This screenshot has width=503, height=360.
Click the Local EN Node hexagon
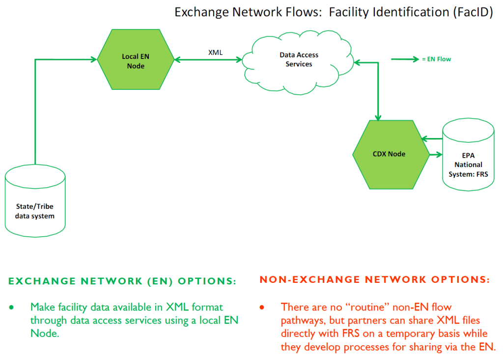(136, 61)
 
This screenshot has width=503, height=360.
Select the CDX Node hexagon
(390, 154)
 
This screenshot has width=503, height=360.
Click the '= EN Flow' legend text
(436, 59)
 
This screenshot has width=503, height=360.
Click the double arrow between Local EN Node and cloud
(209, 60)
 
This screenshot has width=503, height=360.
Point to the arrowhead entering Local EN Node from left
(93, 60)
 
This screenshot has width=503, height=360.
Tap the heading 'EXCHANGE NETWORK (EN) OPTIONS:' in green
(122, 281)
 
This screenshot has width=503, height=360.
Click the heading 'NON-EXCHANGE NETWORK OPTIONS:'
(374, 280)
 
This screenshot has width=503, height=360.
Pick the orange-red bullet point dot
(262, 307)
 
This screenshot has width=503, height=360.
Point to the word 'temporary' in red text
(382, 333)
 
